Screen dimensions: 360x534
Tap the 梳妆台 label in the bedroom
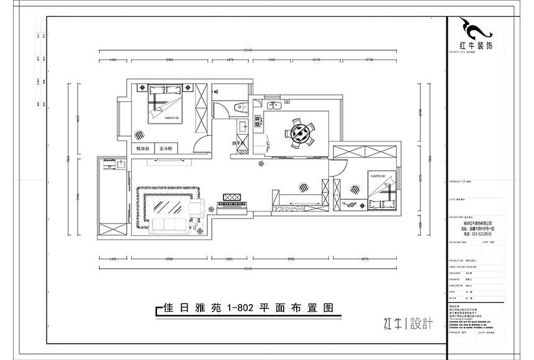[143, 149]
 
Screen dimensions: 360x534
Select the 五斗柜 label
[166, 149]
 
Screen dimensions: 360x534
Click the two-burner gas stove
[257, 118]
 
